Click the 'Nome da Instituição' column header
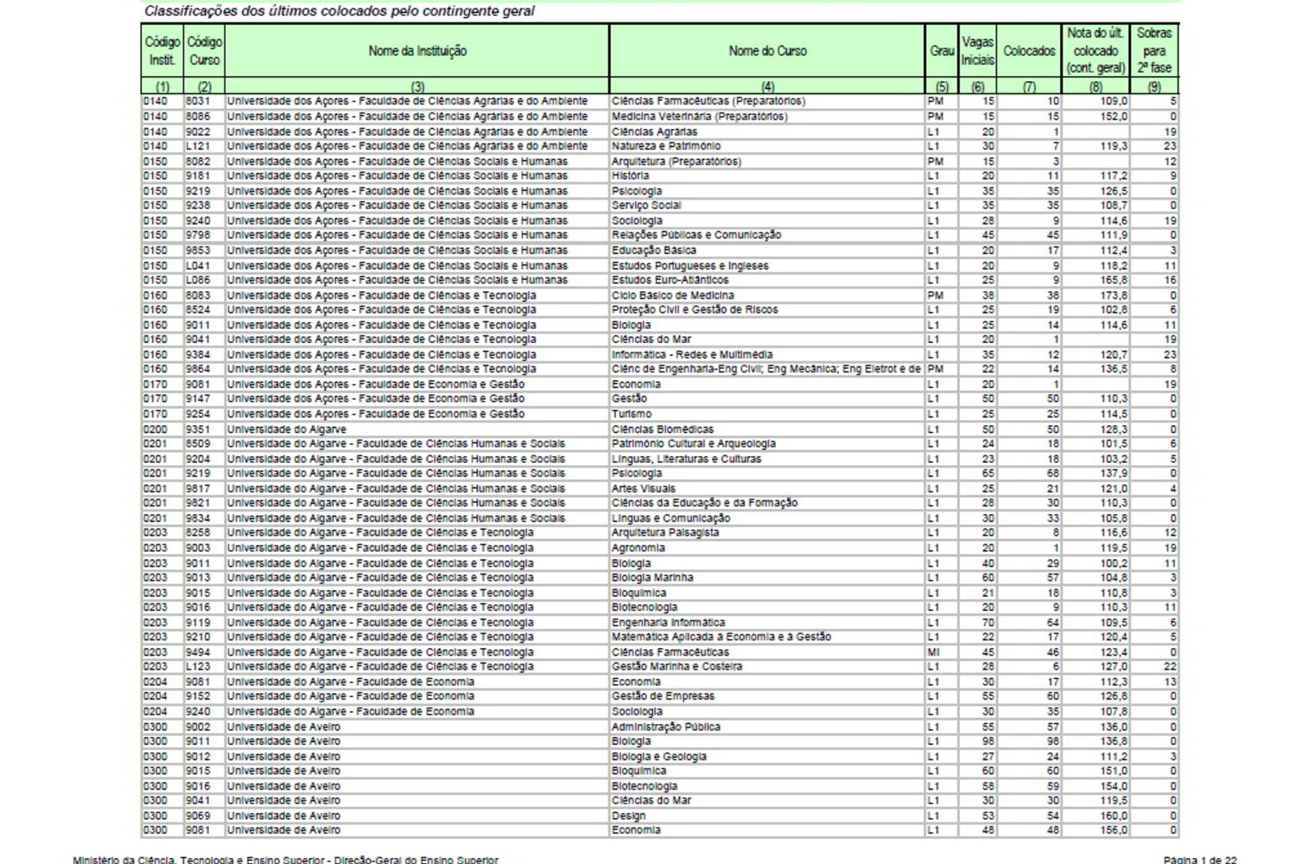tap(417, 51)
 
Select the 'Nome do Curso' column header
tap(767, 51)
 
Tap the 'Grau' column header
tap(942, 51)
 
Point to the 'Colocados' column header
tap(1029, 51)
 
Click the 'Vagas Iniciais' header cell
tap(978, 51)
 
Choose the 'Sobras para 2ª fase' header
tap(1154, 50)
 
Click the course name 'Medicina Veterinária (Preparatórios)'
tap(699, 117)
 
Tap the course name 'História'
tap(630, 176)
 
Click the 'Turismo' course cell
tap(632, 414)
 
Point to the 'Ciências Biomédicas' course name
tap(663, 429)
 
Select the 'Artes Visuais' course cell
tap(644, 488)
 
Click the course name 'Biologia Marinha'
tap(652, 577)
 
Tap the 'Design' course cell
tap(628, 816)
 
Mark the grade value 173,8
tap(1114, 295)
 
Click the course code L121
tap(198, 146)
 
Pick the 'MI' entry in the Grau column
tap(933, 652)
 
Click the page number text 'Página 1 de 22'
tap(1200, 859)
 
